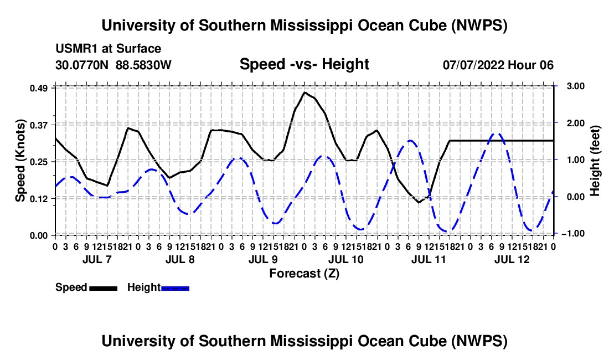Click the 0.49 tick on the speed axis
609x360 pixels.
[38, 88]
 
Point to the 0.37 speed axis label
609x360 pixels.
[38, 125]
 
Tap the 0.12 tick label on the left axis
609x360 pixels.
[38, 198]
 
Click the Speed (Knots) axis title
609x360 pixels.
[20, 161]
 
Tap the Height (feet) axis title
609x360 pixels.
[595, 161]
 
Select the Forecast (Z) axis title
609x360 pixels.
[304, 274]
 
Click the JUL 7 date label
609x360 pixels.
[97, 259]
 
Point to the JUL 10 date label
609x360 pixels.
[345, 259]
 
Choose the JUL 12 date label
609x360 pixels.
[512, 259]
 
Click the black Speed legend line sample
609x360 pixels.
[104, 288]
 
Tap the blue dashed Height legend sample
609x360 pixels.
[175, 288]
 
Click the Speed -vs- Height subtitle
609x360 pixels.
[304, 64]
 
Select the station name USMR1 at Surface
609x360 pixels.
[109, 49]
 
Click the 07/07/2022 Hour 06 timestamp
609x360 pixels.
[498, 65]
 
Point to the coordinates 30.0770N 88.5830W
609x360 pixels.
[113, 65]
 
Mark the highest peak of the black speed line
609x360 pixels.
[304, 92]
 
